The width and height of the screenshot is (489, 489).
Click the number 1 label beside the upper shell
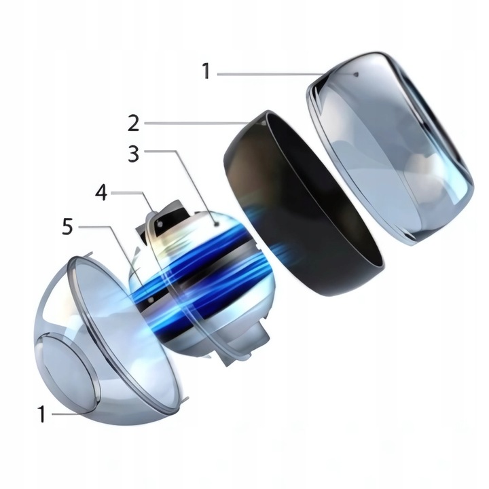(206, 71)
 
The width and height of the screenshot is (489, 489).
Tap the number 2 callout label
(134, 123)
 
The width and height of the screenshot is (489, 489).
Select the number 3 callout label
(134, 153)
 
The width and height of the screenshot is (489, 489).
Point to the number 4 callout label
(101, 192)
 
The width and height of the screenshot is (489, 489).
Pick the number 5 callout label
(68, 226)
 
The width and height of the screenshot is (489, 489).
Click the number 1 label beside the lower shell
(41, 414)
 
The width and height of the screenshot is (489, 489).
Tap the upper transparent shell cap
(390, 148)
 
